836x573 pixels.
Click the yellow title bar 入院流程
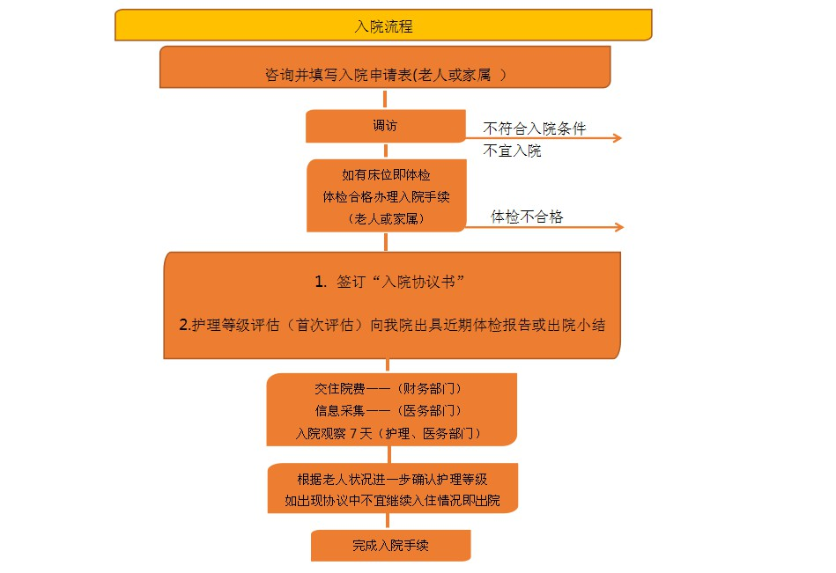(383, 25)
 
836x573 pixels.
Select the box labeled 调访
(386, 126)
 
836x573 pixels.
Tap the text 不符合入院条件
(534, 129)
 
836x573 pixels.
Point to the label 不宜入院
(512, 151)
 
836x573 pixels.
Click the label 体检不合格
(527, 217)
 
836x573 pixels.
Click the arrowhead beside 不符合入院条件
(618, 138)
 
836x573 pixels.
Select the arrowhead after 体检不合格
(619, 227)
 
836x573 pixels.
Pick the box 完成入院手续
(391, 546)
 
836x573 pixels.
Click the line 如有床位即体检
(386, 174)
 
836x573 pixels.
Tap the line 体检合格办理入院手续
(386, 196)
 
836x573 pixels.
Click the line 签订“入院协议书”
(389, 281)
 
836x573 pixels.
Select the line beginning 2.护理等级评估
(392, 325)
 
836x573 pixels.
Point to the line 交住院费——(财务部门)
(388, 389)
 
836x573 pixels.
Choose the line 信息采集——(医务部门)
(388, 410)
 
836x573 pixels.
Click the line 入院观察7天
(388, 433)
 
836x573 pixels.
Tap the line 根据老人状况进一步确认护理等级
(392, 480)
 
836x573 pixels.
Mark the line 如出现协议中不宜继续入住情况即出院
(392, 501)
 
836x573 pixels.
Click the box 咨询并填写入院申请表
(385, 67)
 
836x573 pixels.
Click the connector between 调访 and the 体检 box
(386, 151)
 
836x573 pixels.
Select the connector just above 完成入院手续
(388, 521)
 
